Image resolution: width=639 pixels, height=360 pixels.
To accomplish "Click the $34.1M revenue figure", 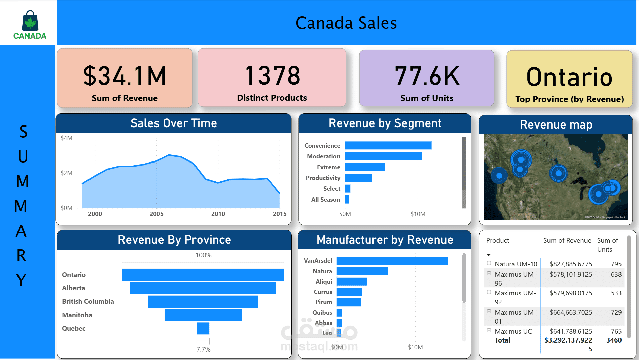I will coord(125,76).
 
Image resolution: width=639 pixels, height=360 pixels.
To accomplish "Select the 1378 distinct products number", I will coord(272,75).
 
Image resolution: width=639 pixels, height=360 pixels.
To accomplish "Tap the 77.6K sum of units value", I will coord(427,76).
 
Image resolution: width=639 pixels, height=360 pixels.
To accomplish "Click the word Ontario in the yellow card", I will coord(569,77).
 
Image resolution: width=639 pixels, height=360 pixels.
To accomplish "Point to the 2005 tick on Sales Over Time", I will coord(156,214).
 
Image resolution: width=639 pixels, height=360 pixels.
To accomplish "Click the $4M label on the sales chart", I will coord(66,138).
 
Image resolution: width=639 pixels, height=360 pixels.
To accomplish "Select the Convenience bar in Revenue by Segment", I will coord(388,145).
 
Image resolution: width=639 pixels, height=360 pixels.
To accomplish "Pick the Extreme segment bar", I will coord(365,167).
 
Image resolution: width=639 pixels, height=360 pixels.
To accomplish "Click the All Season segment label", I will coord(325,200).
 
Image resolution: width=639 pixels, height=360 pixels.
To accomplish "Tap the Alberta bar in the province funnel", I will coord(203,288).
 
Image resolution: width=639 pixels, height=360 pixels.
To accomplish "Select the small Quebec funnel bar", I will coord(203,328).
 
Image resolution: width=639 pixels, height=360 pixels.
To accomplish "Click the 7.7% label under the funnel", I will coord(203,349).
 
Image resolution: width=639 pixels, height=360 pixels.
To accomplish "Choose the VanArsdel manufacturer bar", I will coord(392,261).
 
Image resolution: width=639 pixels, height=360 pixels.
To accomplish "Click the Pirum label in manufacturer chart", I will coord(323,302).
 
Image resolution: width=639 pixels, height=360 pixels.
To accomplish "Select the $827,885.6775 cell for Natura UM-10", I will coord(571,264).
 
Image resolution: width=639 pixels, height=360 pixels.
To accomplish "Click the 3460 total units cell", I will coord(614,340).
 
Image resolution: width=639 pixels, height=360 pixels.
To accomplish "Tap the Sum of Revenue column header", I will coord(567,240).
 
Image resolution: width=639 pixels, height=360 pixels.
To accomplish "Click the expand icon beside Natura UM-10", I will coord(489,263).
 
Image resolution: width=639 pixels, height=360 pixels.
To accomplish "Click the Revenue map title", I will coord(556,124).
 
